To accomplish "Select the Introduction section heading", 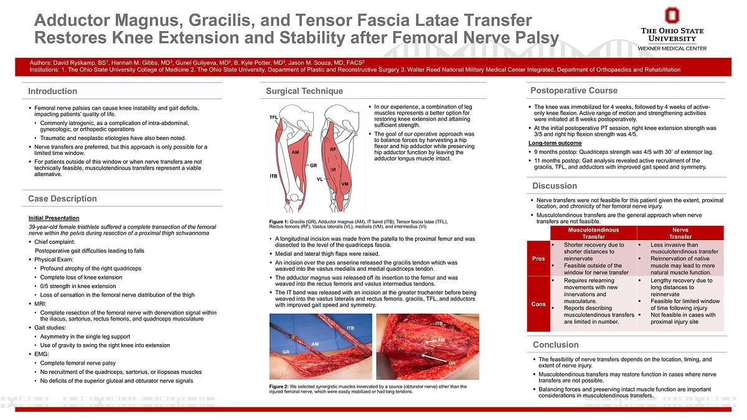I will pyautogui.click(x=53, y=91).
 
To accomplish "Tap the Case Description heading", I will pyautogui.click(x=62, y=198).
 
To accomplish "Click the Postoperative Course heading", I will pyautogui.click(x=574, y=90).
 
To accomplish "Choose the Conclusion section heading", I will pyautogui.click(x=556, y=345).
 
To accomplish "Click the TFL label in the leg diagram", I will pyautogui.click(x=273, y=118).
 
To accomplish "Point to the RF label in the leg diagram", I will pyautogui.click(x=333, y=149).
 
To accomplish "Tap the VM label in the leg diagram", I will pyautogui.click(x=344, y=184).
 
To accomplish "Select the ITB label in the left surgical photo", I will pyautogui.click(x=350, y=328).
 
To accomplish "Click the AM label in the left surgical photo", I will pyautogui.click(x=315, y=343).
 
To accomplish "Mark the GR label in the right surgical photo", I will pyautogui.click(x=452, y=362).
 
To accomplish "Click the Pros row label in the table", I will pyautogui.click(x=538, y=258).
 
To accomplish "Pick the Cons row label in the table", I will pyautogui.click(x=538, y=304).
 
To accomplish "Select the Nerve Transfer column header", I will pyautogui.click(x=680, y=233).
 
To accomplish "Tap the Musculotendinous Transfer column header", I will pyautogui.click(x=593, y=233).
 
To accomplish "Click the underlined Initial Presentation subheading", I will pyautogui.click(x=54, y=218).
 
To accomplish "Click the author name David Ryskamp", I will pyautogui.click(x=74, y=63).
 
